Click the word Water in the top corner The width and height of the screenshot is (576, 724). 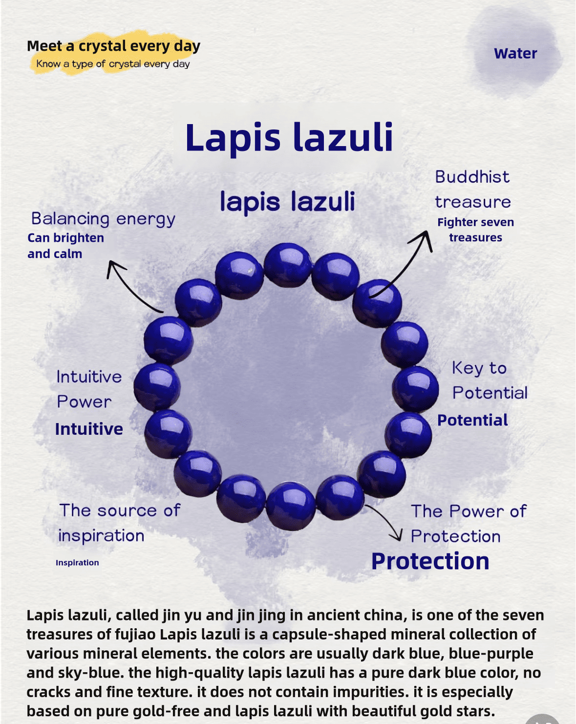click(515, 53)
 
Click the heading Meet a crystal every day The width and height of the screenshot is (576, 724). click(113, 46)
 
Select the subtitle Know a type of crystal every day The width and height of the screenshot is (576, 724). click(113, 64)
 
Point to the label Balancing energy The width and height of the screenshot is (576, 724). click(103, 219)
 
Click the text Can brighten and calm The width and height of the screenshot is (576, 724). click(65, 246)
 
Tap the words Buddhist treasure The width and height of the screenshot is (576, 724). click(473, 190)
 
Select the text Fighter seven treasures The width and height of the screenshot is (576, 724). click(475, 230)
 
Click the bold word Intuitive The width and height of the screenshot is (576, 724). click(89, 429)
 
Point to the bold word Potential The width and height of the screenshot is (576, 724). click(472, 420)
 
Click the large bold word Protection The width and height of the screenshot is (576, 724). click(430, 561)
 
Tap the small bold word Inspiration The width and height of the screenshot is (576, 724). click(77, 562)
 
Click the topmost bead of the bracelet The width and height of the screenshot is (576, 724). click(288, 265)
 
